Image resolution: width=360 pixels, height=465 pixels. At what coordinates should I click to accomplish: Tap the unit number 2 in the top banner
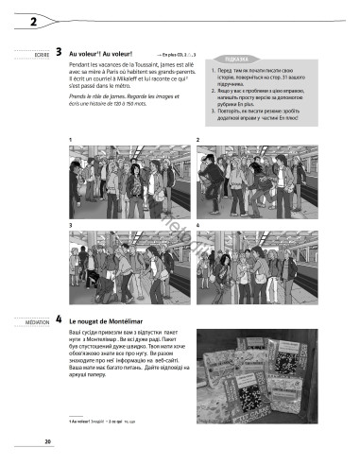click(x=20, y=20)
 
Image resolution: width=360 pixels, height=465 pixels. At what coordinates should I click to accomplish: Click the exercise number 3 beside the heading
click(x=59, y=54)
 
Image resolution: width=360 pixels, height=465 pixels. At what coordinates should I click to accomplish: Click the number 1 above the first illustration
click(x=71, y=140)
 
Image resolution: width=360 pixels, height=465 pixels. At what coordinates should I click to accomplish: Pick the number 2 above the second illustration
click(x=197, y=140)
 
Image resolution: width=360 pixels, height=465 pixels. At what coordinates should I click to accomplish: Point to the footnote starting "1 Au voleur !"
click(x=104, y=419)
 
